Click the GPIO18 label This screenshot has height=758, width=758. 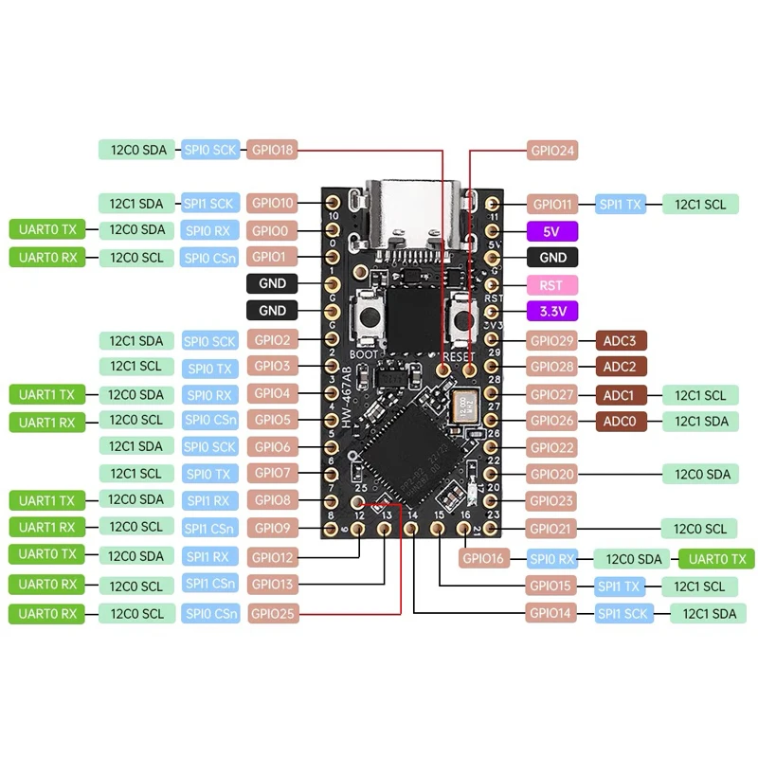click(273, 150)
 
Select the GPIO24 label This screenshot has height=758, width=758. click(552, 150)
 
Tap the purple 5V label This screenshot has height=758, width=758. click(552, 230)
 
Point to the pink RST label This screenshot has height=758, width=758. click(552, 284)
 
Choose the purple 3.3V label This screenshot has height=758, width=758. click(552, 311)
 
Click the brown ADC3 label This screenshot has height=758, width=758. click(625, 339)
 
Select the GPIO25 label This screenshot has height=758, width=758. click(273, 614)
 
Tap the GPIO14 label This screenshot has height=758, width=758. click(552, 613)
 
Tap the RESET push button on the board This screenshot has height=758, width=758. click(463, 316)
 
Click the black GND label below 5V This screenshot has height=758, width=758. click(552, 257)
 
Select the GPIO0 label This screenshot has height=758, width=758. click(273, 230)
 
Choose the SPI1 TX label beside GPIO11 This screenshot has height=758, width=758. click(621, 204)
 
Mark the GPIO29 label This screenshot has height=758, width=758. click(552, 339)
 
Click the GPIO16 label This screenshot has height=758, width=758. click(485, 559)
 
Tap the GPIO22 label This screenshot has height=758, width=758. click(552, 447)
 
